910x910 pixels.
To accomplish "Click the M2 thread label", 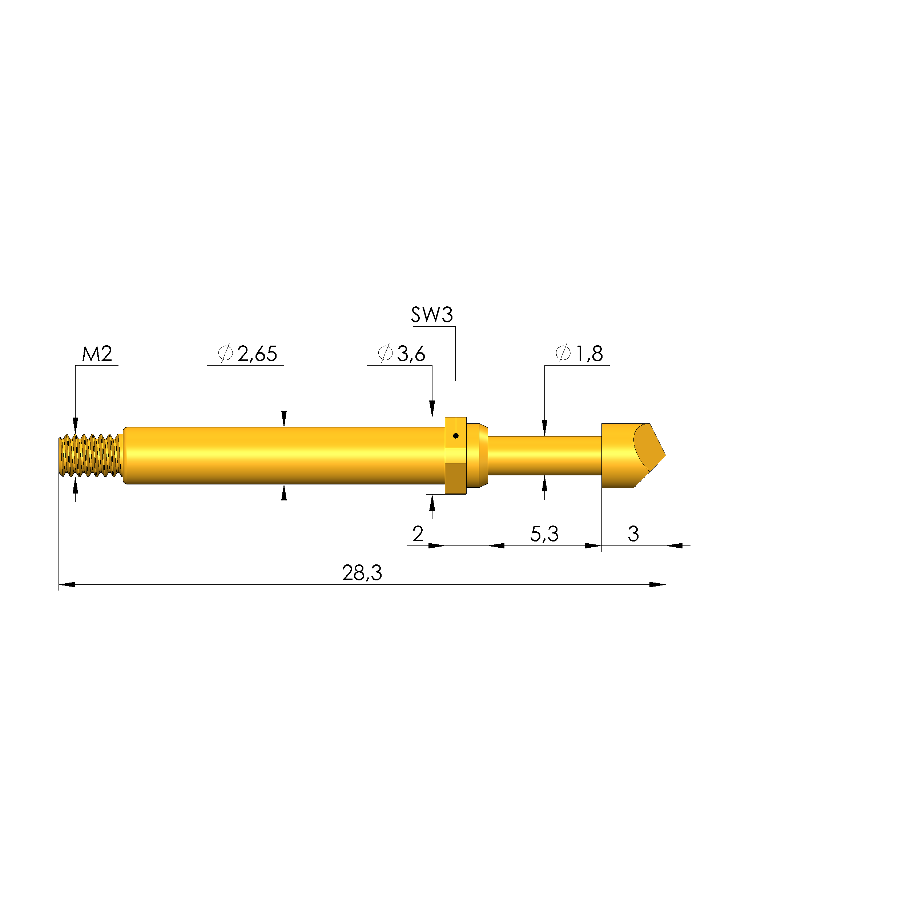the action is click(x=97, y=354).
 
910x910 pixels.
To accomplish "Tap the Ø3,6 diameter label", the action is click(x=402, y=354).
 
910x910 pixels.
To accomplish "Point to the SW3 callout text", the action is click(x=432, y=315).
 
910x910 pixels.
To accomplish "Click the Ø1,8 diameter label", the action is click(x=579, y=354).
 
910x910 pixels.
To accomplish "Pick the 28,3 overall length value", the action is click(x=362, y=573).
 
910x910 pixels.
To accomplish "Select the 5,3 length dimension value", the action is click(x=544, y=534).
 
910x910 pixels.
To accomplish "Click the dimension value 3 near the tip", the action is click(x=633, y=534).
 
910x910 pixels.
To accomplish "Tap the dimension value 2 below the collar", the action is click(x=418, y=534).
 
